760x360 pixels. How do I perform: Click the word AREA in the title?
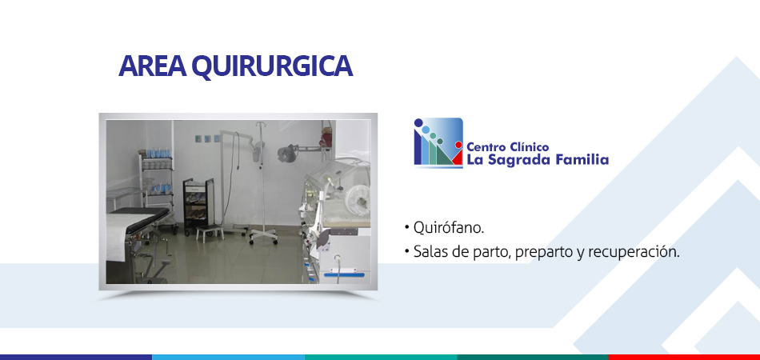pyautogui.click(x=152, y=66)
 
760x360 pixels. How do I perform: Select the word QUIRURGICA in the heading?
pyautogui.click(x=272, y=67)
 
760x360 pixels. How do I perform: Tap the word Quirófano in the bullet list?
pyautogui.click(x=448, y=228)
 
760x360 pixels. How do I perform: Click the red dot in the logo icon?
pyautogui.click(x=458, y=144)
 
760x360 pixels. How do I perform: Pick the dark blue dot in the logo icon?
pyautogui.click(x=418, y=122)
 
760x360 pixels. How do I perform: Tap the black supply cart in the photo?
pyautogui.click(x=198, y=206)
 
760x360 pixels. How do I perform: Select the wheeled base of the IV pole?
pyautogui.click(x=263, y=238)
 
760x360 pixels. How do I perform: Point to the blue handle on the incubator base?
pyautogui.click(x=344, y=275)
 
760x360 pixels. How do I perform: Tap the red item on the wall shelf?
pyautogui.click(x=324, y=138)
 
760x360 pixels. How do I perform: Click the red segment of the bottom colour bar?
pyautogui.click(x=684, y=357)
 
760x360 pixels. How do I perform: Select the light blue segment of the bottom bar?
pyautogui.click(x=228, y=357)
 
